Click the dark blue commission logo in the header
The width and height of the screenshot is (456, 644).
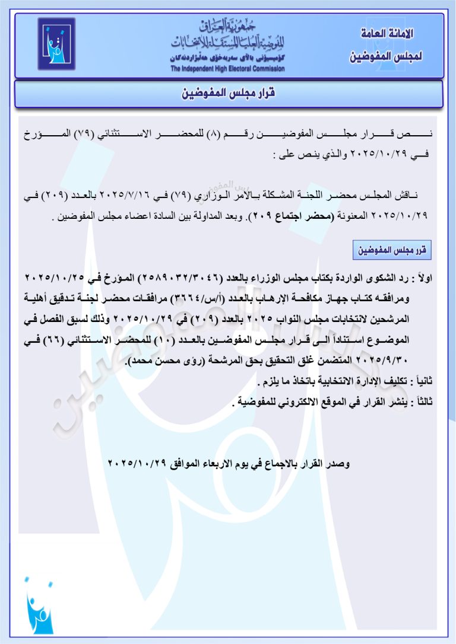(56, 44)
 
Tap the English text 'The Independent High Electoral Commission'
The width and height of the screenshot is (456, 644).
(227, 69)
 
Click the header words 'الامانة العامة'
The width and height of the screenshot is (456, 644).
(388, 34)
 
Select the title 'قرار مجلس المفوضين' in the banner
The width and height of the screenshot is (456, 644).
(229, 94)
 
